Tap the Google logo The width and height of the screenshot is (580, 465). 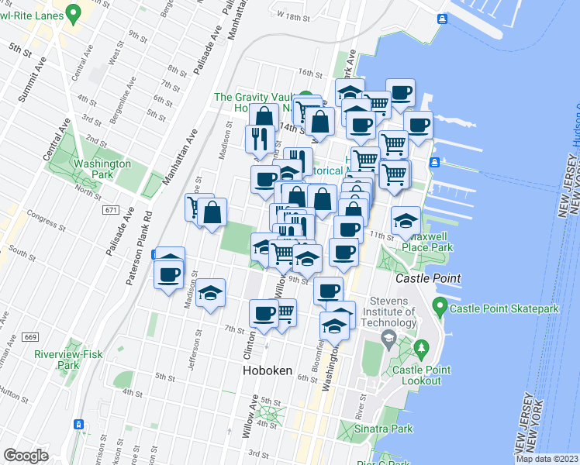[26, 455]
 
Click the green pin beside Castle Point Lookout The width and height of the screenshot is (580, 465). [421, 349]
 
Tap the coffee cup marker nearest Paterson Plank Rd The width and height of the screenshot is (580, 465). [168, 273]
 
